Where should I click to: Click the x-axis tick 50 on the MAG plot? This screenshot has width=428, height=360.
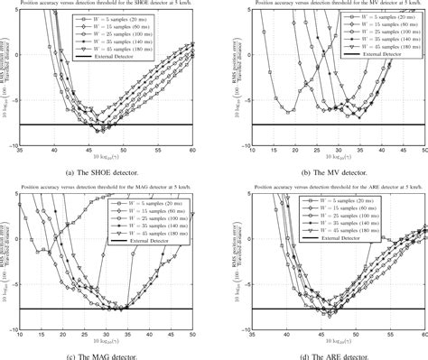(194, 334)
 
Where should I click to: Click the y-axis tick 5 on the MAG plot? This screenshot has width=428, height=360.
(27, 204)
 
